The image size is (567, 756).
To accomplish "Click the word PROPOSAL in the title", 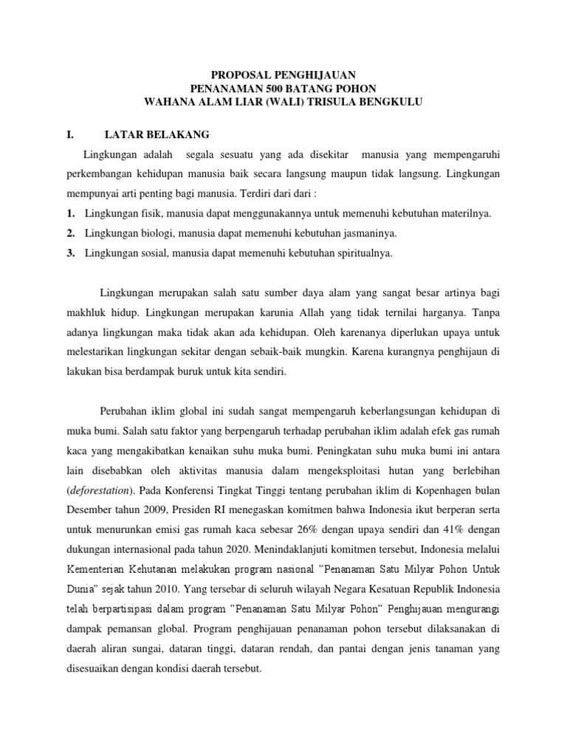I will [x=236, y=75].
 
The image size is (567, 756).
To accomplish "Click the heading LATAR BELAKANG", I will [x=157, y=134].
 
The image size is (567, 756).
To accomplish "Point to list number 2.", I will [x=70, y=233].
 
